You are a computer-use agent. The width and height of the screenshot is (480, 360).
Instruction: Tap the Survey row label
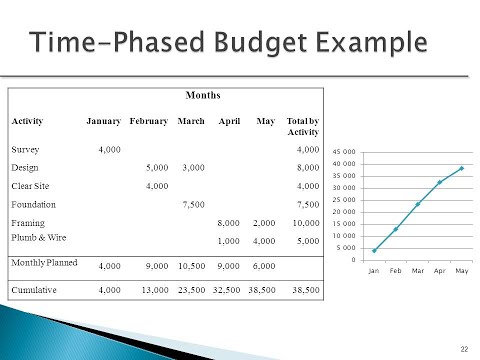[25, 148]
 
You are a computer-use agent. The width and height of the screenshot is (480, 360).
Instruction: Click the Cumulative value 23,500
[189, 291]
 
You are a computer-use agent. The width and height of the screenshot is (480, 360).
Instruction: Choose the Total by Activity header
[302, 126]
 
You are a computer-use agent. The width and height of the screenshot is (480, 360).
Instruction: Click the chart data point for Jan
[374, 250]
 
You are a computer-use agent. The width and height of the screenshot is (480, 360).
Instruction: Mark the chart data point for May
[461, 168]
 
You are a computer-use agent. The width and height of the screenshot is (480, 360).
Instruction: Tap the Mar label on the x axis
[417, 270]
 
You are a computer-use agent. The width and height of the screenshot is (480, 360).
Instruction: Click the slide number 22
[464, 347]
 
